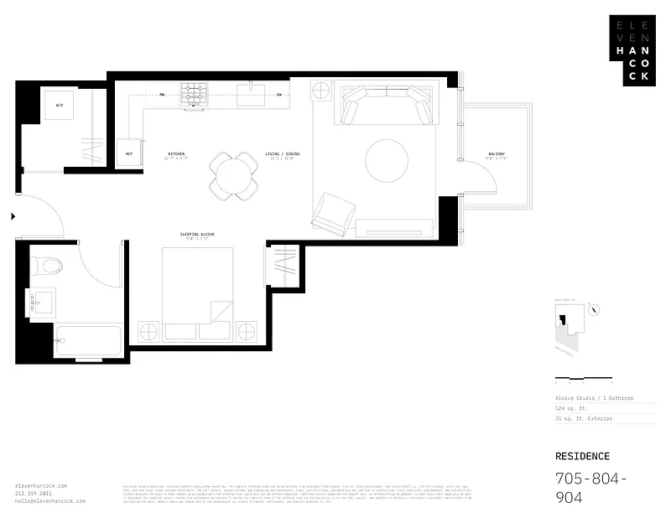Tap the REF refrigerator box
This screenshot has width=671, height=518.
coord(129,154)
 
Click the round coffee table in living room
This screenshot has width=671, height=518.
coord(386,159)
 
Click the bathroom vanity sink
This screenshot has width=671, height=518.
coord(39,300)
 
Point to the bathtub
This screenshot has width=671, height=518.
coord(86,340)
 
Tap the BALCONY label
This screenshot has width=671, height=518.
coord(496,154)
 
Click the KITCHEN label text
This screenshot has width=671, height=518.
coord(176,154)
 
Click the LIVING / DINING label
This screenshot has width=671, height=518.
coord(283,154)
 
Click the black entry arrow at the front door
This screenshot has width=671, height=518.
coord(13,216)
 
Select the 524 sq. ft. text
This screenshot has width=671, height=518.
coord(570,407)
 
